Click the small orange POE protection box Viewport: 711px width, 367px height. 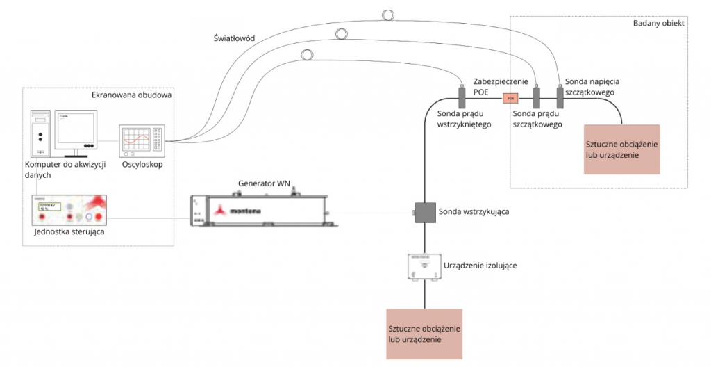click(510, 98)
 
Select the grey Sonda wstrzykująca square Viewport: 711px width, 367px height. click(424, 211)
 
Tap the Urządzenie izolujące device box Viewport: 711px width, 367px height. click(424, 268)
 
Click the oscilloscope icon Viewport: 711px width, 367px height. click(142, 139)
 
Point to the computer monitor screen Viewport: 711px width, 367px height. click(75, 129)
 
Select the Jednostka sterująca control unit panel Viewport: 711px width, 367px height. click(69, 209)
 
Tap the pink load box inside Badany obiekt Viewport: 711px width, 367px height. click(621, 149)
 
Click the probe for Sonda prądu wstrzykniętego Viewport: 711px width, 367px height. click(462, 96)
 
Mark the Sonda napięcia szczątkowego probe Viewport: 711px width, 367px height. click(560, 95)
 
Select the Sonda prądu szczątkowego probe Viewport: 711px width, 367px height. click(536, 96)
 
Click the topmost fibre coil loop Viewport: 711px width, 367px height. click(387, 13)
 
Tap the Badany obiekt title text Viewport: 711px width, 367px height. click(659, 24)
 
